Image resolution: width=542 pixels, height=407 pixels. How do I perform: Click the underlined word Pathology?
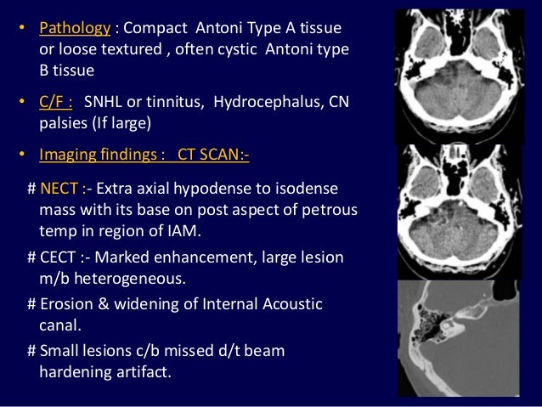tap(75, 28)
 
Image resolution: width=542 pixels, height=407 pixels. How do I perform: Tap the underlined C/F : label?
tap(56, 103)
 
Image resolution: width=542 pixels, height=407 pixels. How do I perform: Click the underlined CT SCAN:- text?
tap(212, 155)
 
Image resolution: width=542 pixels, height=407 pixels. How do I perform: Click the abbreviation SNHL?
tap(104, 103)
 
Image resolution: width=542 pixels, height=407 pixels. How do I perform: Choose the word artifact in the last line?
tap(143, 371)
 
